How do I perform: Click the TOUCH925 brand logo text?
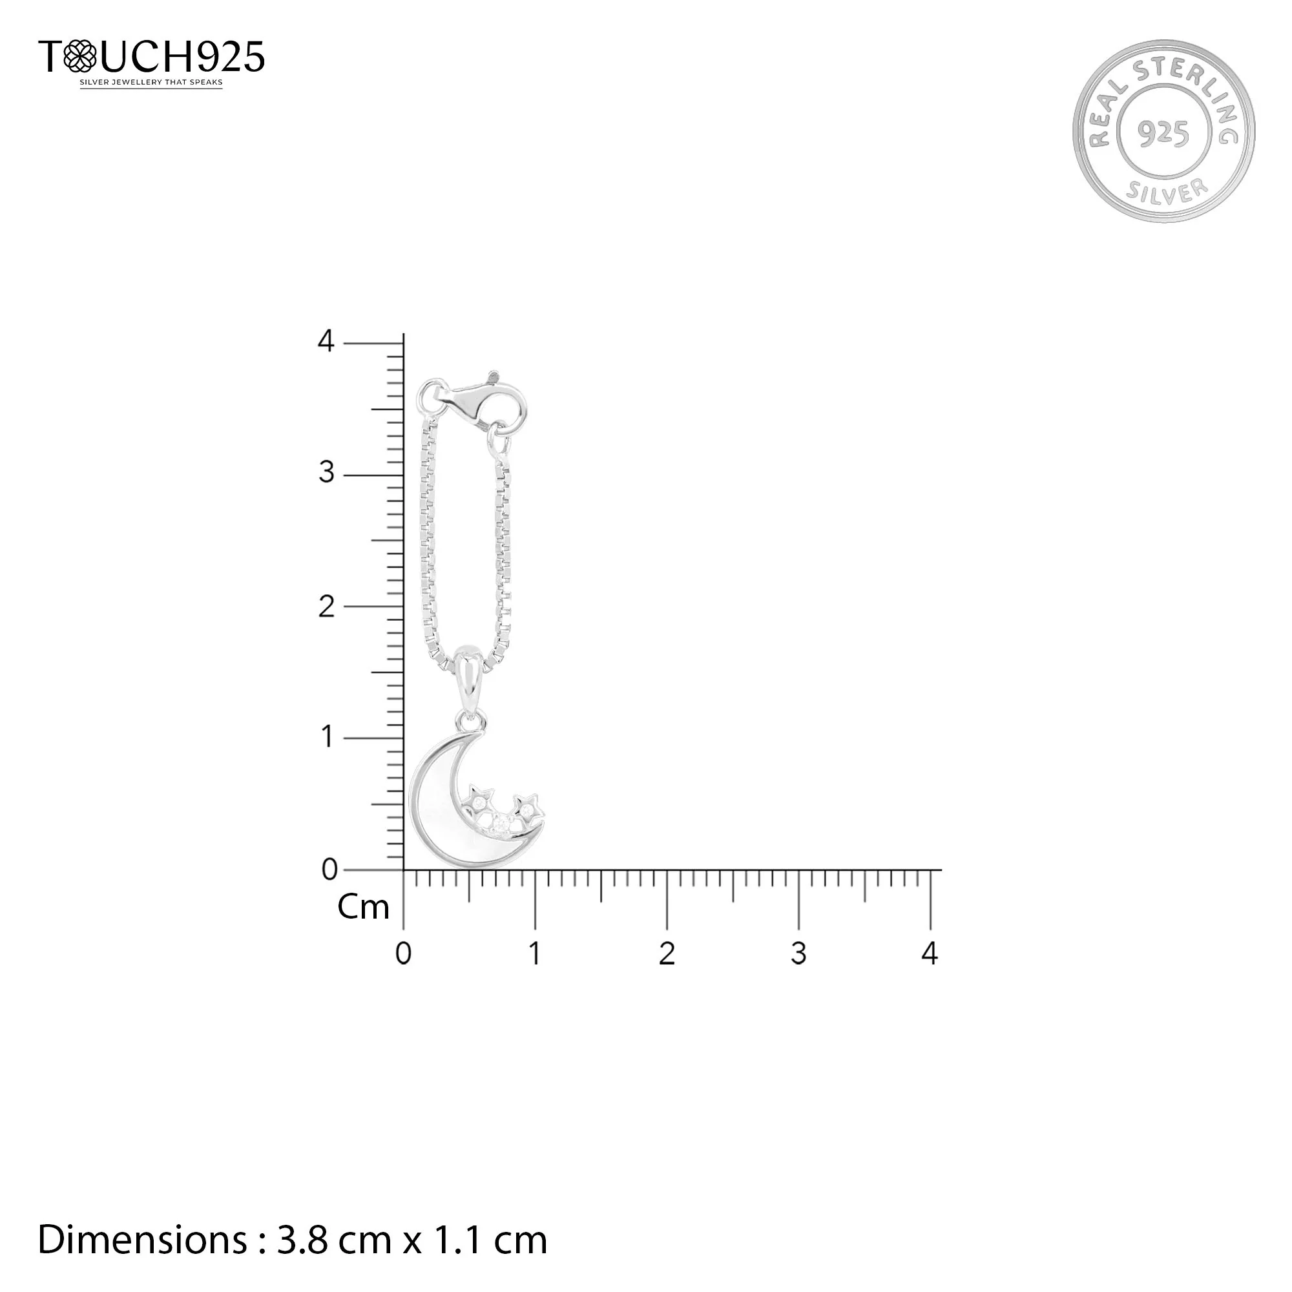click(151, 56)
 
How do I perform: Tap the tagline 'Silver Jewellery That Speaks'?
click(151, 83)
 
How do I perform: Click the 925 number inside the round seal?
click(1163, 133)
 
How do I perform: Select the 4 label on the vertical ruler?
click(326, 342)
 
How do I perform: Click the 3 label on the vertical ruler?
click(326, 474)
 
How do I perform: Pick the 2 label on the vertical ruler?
click(326, 607)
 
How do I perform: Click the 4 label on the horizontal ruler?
click(930, 953)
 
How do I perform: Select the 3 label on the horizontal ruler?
click(798, 953)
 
